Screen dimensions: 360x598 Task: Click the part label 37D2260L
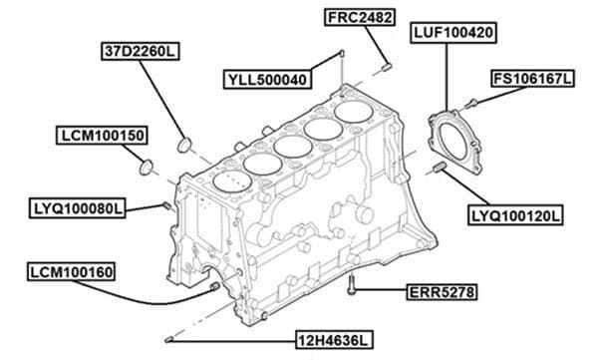tap(139, 49)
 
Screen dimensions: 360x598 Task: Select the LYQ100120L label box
tap(515, 213)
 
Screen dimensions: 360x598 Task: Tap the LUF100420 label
tap(454, 34)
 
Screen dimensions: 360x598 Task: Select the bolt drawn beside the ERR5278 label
tap(353, 286)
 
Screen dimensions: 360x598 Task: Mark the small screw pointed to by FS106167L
tap(471, 102)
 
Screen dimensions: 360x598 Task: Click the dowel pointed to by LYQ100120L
tap(439, 168)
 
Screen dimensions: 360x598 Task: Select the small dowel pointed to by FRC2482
tap(387, 67)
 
